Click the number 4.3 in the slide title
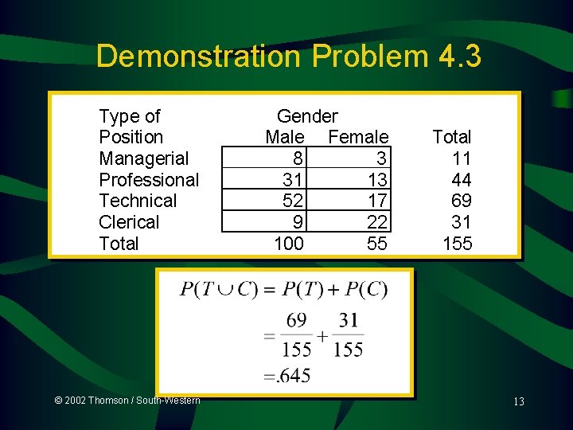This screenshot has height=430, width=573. pyautogui.click(x=459, y=57)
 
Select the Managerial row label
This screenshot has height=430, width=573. pyautogui.click(x=143, y=158)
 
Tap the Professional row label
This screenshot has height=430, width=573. pyautogui.click(x=149, y=180)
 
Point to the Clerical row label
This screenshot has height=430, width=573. pyautogui.click(x=129, y=222)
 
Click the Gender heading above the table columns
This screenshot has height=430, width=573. pyautogui.click(x=307, y=117)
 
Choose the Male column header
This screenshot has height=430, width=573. pyautogui.click(x=284, y=137)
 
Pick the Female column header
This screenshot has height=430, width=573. pyautogui.click(x=358, y=137)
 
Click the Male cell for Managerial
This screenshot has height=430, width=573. pyautogui.click(x=295, y=158)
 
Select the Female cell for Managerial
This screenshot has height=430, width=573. pyautogui.click(x=381, y=158)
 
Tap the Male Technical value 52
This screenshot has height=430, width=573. pyautogui.click(x=292, y=201)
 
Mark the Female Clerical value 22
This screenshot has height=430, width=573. pyautogui.click(x=377, y=222)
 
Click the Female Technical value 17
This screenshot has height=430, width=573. pyautogui.click(x=377, y=201)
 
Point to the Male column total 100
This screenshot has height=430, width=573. pyautogui.click(x=288, y=244)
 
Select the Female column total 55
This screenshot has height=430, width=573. pyautogui.click(x=377, y=244)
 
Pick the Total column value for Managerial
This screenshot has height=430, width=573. pyautogui.click(x=462, y=158)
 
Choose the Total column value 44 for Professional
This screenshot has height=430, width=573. pyautogui.click(x=462, y=180)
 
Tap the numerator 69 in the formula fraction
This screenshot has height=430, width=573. pyautogui.click(x=296, y=321)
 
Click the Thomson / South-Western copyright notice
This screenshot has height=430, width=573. pyautogui.click(x=127, y=400)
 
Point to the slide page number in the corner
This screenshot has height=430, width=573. pyautogui.click(x=518, y=401)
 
